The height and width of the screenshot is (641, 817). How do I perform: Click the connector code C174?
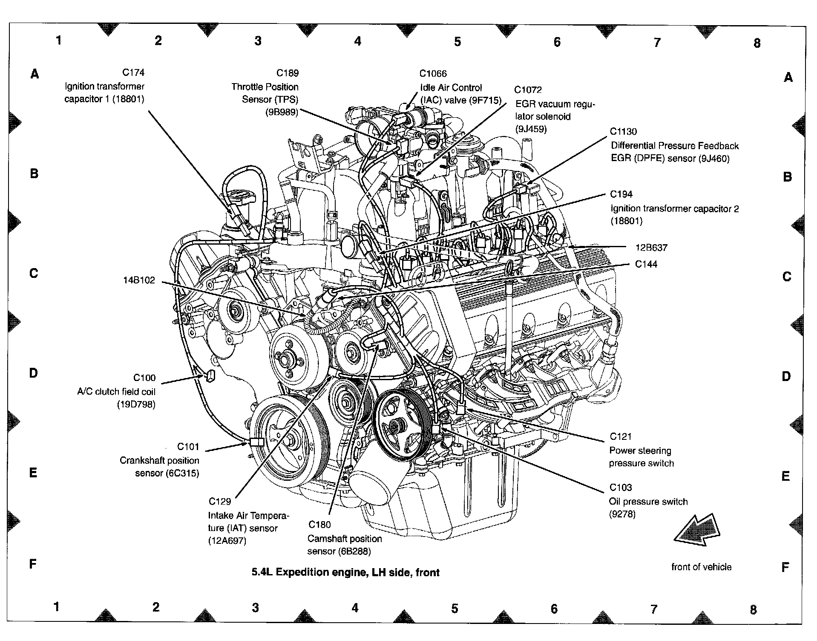(x=133, y=72)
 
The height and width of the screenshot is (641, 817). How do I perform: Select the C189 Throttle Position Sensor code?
(x=288, y=73)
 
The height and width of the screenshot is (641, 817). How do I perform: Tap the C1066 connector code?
(x=433, y=74)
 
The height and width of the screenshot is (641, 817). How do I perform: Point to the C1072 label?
(x=528, y=90)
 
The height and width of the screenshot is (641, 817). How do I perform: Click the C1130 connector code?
(x=623, y=132)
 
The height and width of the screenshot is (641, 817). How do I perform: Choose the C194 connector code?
(x=621, y=194)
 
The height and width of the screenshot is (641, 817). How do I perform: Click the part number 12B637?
(x=651, y=248)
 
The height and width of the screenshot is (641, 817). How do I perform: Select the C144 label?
(x=646, y=264)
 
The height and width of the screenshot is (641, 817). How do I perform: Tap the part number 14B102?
(x=139, y=280)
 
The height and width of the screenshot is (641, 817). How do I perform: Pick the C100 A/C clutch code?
(x=144, y=378)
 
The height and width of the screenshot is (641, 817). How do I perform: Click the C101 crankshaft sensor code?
(x=188, y=447)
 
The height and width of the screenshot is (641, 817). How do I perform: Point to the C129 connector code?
(x=220, y=502)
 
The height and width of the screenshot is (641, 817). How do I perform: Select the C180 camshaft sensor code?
(x=319, y=525)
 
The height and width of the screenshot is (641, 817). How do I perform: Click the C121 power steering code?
(x=621, y=436)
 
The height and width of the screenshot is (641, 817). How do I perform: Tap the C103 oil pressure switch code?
(x=621, y=488)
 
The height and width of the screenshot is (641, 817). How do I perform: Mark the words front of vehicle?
(x=701, y=567)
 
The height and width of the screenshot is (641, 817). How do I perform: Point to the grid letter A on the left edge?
(x=35, y=74)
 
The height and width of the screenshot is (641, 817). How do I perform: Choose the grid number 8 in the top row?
(x=757, y=43)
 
